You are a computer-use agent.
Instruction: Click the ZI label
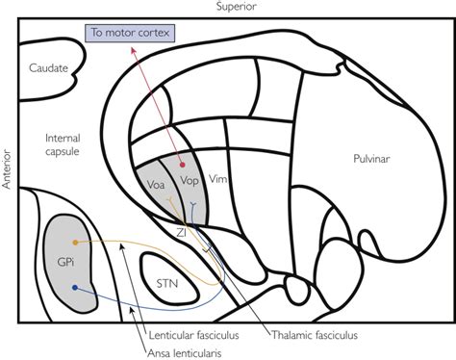point(181,231)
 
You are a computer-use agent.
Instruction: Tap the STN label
point(168,283)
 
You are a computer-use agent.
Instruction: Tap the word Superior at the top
point(230,8)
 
